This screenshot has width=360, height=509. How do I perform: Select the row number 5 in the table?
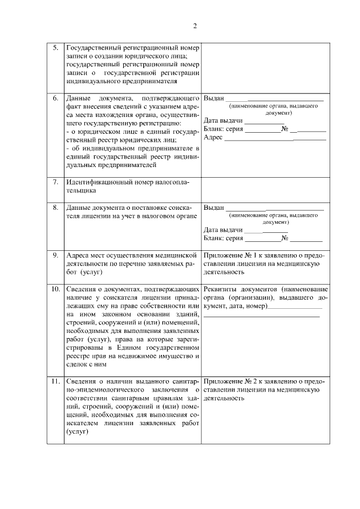56,48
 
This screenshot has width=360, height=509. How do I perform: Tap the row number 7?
56,182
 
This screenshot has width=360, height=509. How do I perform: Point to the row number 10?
56,289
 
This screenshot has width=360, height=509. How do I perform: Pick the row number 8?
56,208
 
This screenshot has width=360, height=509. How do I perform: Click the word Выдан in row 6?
214,98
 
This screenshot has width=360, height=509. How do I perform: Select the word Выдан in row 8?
214,208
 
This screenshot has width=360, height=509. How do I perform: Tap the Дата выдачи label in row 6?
223,120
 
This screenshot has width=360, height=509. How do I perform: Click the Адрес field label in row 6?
214,137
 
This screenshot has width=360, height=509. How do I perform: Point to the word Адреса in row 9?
78,255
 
